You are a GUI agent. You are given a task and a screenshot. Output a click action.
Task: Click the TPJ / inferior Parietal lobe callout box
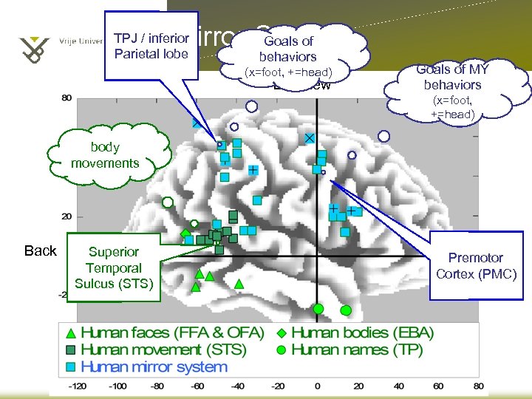click(151, 45)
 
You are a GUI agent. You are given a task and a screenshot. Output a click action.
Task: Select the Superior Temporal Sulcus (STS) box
click(114, 267)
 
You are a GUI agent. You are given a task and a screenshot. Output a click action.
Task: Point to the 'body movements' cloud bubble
click(105, 155)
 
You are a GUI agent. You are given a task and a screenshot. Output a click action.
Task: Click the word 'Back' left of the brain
click(40, 251)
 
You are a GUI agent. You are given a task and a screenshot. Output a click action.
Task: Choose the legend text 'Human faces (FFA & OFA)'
click(171, 333)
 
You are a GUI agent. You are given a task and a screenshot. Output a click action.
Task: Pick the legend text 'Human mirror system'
click(154, 366)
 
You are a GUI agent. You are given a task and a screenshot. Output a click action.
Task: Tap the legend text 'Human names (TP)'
click(357, 349)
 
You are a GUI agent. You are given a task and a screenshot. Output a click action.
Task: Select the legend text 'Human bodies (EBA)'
click(362, 333)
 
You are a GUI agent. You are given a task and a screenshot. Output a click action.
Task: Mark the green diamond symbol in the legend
click(282, 333)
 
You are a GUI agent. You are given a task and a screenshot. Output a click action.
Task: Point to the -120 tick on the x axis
click(78, 386)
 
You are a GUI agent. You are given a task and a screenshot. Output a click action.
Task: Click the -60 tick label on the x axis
click(197, 386)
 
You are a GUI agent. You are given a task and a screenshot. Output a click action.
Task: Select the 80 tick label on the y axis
click(66, 98)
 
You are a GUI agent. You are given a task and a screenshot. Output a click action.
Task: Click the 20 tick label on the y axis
click(66, 216)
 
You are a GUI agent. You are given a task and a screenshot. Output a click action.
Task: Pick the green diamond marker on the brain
click(185, 233)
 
